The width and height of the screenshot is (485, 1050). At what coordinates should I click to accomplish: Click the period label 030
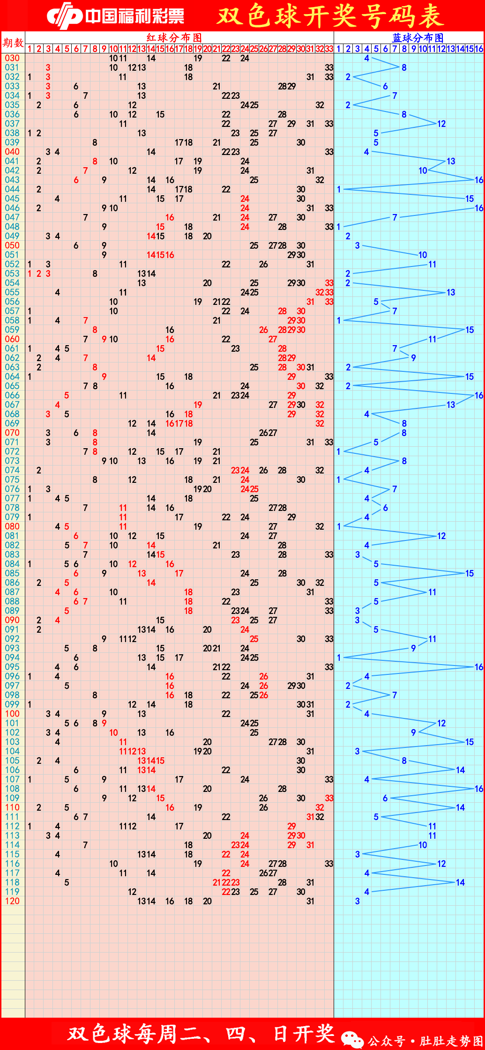coord(12,58)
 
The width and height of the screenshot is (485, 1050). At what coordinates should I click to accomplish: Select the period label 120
coord(12,901)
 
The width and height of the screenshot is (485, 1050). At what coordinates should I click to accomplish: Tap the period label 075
coord(12,480)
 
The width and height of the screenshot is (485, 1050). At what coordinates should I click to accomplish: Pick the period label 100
coord(12,714)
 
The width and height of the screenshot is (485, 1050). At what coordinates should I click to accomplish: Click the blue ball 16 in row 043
coord(479,180)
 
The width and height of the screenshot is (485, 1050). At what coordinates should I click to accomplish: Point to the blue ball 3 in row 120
coord(358,901)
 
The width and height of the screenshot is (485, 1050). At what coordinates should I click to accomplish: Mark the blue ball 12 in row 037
coord(441,124)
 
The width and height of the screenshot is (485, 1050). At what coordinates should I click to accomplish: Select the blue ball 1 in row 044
coord(339,189)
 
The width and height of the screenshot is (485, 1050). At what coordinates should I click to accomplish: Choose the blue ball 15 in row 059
coord(470,330)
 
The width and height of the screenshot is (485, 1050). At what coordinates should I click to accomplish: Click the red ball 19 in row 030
coord(198,58)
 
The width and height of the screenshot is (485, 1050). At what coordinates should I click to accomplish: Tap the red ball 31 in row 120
coord(310,901)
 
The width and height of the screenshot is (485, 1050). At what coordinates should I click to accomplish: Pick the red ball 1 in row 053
coord(30,274)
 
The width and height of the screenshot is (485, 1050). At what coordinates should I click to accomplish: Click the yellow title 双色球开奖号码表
coord(330,15)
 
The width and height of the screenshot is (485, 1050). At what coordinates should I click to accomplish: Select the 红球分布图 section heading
coord(174,37)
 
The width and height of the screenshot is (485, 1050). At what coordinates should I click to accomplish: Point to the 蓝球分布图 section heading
coord(418,37)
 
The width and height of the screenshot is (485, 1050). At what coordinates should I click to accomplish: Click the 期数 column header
coord(13,43)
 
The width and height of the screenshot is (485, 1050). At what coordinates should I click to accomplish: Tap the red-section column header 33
coord(329,49)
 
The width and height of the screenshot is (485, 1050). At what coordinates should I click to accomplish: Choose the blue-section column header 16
coord(479,49)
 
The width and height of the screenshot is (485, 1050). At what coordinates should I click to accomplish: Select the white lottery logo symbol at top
coord(65,15)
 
